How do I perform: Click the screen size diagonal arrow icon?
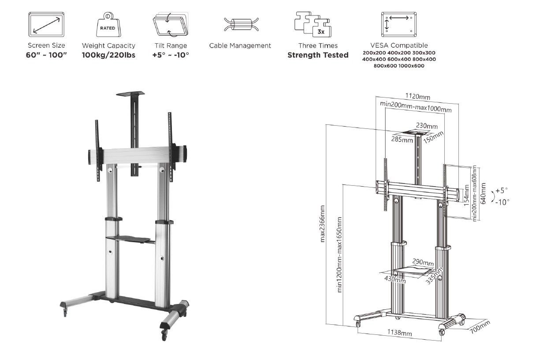click(x=46, y=24)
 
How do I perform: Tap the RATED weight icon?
click(x=108, y=25)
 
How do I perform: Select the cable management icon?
click(x=241, y=24)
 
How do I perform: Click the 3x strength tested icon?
click(x=313, y=24)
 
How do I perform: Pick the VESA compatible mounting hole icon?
click(x=398, y=24)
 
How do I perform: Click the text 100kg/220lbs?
click(x=108, y=55)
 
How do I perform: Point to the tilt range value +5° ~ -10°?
click(x=171, y=55)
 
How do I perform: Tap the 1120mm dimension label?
click(x=417, y=96)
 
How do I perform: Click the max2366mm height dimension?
click(x=322, y=224)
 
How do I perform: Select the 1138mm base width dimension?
click(x=399, y=333)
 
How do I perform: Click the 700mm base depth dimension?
click(x=480, y=327)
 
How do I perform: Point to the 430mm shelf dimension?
click(x=395, y=279)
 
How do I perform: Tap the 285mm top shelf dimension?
click(x=402, y=139)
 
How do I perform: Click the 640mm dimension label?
click(x=483, y=193)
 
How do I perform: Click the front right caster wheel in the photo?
click(x=164, y=334)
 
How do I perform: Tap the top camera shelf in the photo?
click(x=130, y=94)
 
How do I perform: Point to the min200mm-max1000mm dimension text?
click(x=416, y=107)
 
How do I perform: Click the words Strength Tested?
click(x=318, y=55)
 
